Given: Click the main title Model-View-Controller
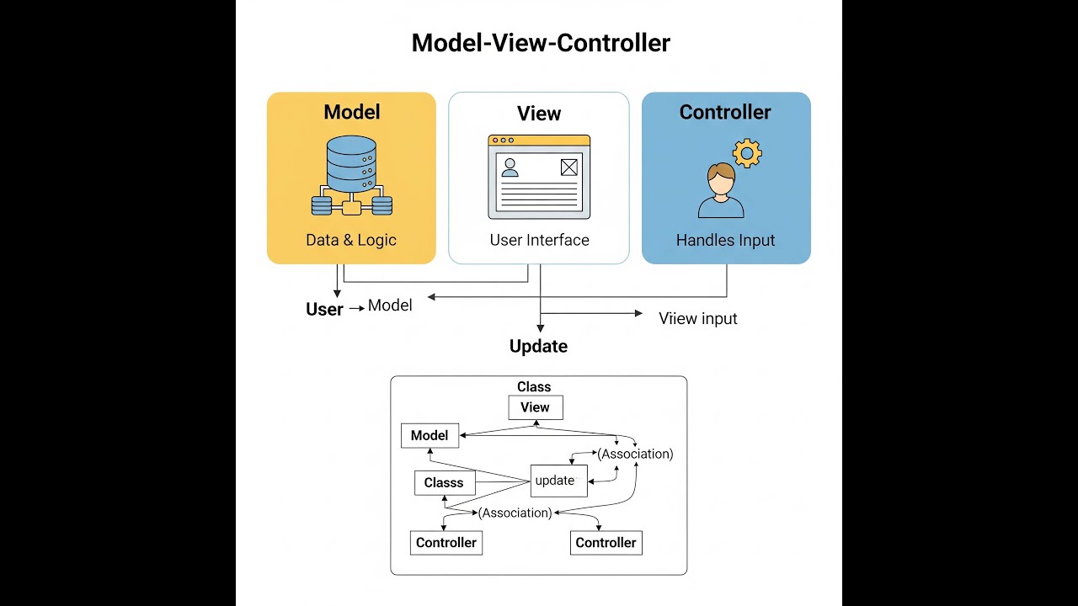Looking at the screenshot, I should [541, 43].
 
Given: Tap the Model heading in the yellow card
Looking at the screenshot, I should [351, 112].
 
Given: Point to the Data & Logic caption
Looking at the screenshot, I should [351, 240].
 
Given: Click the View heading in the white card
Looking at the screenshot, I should [539, 114].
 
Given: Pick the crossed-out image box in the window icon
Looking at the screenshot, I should [569, 167].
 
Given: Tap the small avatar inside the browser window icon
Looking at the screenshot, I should [510, 167].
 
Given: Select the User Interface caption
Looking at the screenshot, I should [539, 240].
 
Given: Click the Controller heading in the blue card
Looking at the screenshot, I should [725, 112].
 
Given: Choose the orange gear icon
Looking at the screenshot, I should [746, 153].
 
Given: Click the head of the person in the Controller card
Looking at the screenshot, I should [721, 177].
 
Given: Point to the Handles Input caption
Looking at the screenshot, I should [725, 240].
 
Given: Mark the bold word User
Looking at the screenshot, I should [324, 309].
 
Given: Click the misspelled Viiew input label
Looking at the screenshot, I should [697, 318].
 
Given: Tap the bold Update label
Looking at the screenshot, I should [538, 346].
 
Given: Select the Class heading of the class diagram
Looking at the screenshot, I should [534, 387].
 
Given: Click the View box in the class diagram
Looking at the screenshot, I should [535, 407].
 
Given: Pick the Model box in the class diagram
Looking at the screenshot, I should [430, 435].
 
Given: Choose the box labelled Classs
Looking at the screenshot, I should [444, 482].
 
